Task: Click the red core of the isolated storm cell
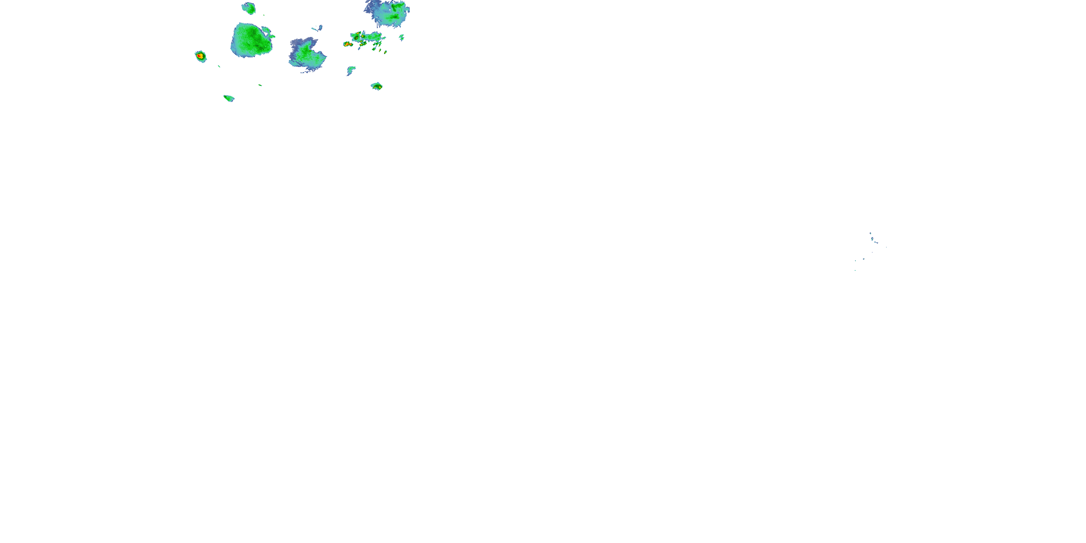coord(200,55)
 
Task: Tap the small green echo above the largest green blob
coord(249,8)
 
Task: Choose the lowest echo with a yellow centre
coord(377,87)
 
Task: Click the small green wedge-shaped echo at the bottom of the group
coord(228,98)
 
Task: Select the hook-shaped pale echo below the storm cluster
coord(350,70)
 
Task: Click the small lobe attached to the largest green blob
coord(267,31)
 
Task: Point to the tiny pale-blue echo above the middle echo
coord(317,28)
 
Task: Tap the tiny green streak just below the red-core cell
coord(219,66)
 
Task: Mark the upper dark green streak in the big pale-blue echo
coord(397,7)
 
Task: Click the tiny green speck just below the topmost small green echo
coord(264,16)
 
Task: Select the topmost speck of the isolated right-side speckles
coord(870,233)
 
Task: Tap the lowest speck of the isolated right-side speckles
coord(855,270)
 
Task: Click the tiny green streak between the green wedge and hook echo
coord(260,85)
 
